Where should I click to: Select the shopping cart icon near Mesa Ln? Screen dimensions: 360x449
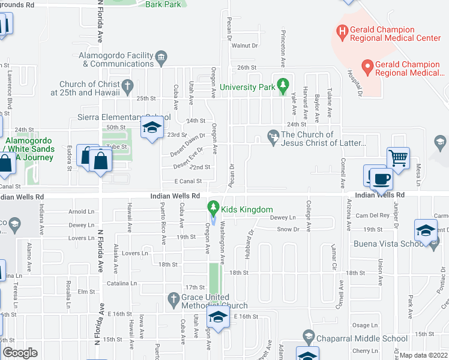point(398,158)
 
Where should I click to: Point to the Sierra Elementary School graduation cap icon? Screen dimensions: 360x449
point(152,127)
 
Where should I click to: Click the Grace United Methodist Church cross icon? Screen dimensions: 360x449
point(173,299)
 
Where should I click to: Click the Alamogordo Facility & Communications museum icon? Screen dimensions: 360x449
point(161,58)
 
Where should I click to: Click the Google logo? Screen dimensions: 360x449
point(20,352)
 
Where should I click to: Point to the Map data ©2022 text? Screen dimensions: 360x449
point(423,355)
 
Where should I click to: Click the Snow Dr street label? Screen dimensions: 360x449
point(288,229)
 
